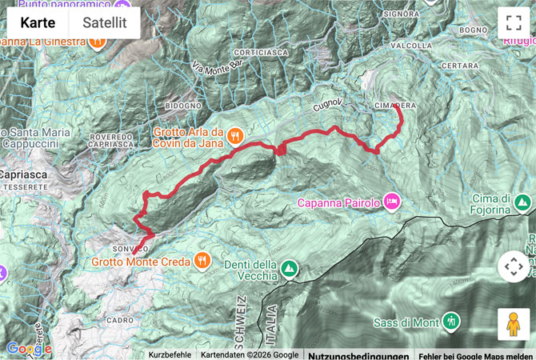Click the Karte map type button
coord(38,23)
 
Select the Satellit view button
coord(105,23)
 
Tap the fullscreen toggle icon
coord(513,23)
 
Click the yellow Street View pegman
coord(513,323)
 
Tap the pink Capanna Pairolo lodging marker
coord(392,198)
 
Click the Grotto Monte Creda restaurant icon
coord(202,260)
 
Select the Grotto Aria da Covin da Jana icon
coord(235,135)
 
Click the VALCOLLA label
coord(412,46)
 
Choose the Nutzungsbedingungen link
coord(358,355)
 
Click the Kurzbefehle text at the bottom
coord(170,355)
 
